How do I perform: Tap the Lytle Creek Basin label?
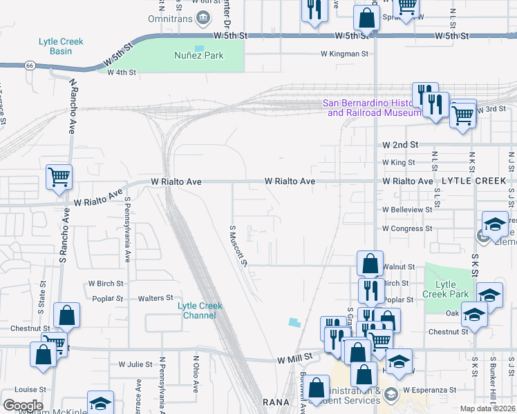(x=61, y=46)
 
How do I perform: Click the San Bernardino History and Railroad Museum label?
(x=373, y=108)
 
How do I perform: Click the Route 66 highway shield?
(x=29, y=66)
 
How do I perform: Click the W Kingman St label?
(x=345, y=54)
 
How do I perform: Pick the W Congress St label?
(x=407, y=228)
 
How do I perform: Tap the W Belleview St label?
(x=407, y=210)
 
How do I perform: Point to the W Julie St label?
(x=135, y=364)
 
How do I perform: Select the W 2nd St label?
(x=401, y=145)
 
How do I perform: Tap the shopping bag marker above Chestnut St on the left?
(x=66, y=316)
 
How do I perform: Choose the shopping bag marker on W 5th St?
(x=366, y=18)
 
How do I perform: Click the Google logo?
(x=23, y=405)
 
